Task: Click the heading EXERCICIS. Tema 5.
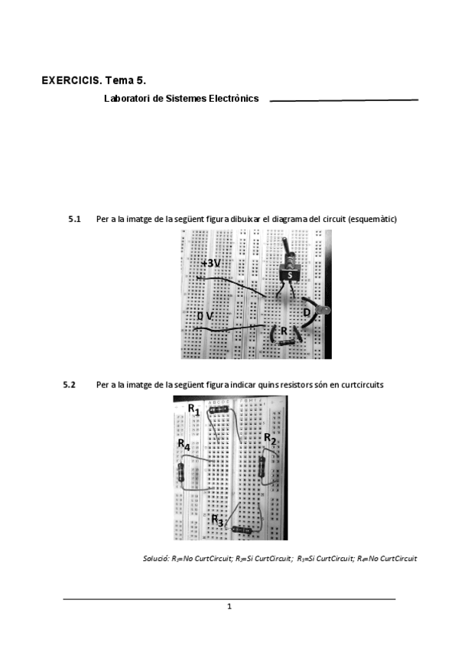(94, 80)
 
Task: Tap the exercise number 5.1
(74, 219)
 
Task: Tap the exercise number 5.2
(69, 384)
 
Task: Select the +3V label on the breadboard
(211, 263)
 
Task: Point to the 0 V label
(205, 316)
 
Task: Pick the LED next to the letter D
(323, 311)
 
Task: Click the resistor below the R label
(287, 342)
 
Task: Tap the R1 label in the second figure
(194, 409)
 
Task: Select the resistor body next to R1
(219, 409)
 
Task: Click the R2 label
(270, 439)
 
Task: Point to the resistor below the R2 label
(261, 467)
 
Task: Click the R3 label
(217, 520)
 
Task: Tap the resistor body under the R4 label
(180, 472)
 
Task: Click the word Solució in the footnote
(156, 559)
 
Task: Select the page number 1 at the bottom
(229, 607)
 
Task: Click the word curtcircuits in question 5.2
(362, 385)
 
